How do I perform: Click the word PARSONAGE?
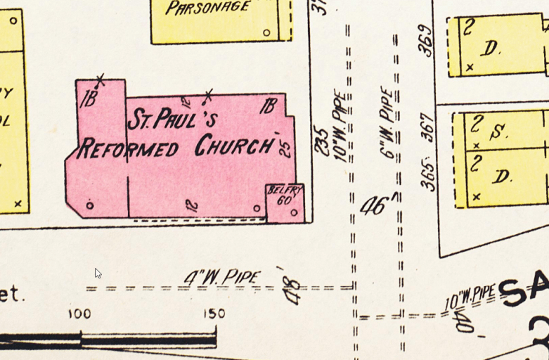(208, 8)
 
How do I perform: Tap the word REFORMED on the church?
(127, 148)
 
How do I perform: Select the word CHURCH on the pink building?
(233, 146)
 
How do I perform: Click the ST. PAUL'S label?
(172, 120)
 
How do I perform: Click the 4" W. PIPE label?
(222, 277)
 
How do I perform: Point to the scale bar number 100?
(79, 314)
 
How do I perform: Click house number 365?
(428, 174)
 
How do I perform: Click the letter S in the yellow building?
(500, 131)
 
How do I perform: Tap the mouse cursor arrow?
(98, 273)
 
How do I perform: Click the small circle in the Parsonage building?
(266, 32)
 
